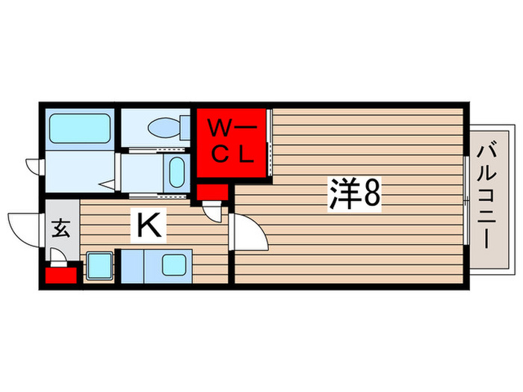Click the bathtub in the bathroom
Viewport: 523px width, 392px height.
coord(80,128)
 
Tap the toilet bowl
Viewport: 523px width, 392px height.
coord(165,128)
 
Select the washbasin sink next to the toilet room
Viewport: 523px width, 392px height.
coord(177,172)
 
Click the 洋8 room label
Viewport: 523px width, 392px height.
coord(355,193)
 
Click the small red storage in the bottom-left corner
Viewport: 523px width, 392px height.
coord(61,276)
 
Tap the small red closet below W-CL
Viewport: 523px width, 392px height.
coord(212,193)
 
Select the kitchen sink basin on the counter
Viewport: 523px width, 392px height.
coord(174,265)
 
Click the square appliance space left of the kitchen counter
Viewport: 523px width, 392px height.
coord(99,266)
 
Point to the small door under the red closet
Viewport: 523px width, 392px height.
coord(212,211)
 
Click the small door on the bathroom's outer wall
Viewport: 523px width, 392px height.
coord(34,167)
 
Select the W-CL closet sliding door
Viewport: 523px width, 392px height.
coord(270,143)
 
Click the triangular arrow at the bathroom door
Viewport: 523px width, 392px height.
coord(108,185)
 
